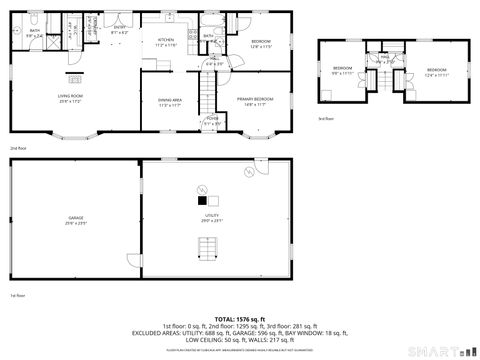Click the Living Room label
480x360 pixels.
[69, 98]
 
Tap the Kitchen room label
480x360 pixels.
[166, 44]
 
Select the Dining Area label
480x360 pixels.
[169, 102]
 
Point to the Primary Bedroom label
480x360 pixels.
[256, 102]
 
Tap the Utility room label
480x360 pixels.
[211, 217]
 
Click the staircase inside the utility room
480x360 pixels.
[211, 263]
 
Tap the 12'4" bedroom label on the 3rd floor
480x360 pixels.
[435, 71]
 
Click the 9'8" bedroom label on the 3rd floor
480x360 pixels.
[343, 70]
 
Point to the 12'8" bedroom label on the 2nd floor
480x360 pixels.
[262, 44]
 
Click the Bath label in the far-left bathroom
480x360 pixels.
[34, 33]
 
